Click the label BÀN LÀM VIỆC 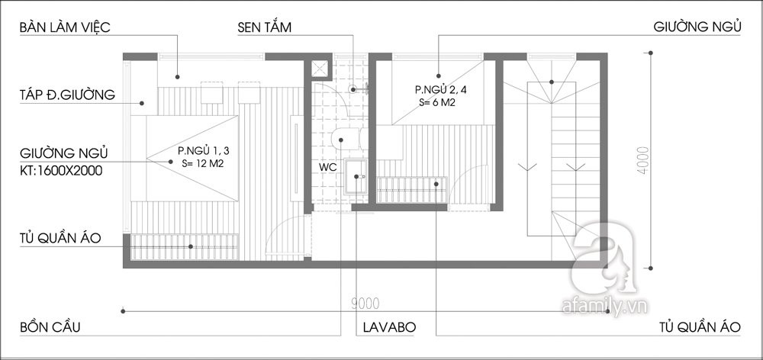tap(65, 27)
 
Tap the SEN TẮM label tap(264, 27)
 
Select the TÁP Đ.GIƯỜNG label tap(67, 95)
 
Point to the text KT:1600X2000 tap(61, 171)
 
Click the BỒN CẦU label tap(50, 327)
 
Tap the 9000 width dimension tap(365, 304)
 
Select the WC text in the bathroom tap(327, 166)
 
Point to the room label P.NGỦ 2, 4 tap(437, 89)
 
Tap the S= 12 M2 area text tap(202, 164)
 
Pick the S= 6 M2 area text tap(436, 103)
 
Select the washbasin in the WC tap(356, 176)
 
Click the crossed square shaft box tap(320, 69)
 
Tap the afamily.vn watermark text tap(605, 307)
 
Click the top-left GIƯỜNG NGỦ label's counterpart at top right tap(697, 27)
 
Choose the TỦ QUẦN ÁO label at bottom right tap(700, 327)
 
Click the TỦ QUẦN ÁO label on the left tap(60, 238)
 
